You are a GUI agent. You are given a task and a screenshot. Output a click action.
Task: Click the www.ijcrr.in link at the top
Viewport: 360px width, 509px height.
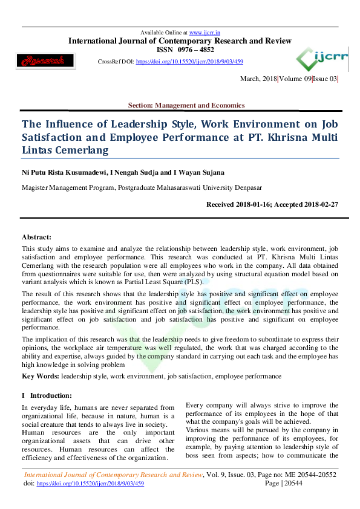pos(204,32)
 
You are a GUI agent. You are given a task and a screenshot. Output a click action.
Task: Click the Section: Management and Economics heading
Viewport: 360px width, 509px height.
pos(186,105)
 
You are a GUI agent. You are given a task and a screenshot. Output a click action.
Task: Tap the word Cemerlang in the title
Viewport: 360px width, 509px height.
pos(80,150)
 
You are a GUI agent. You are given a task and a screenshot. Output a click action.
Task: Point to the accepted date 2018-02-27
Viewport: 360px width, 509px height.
pos(317,204)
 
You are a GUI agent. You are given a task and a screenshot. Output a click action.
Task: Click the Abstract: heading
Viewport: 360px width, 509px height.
pos(37,237)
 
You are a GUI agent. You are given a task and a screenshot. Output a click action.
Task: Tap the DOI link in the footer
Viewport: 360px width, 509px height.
pos(91,484)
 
